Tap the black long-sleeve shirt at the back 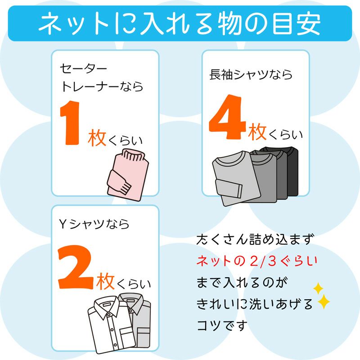pos(288,169)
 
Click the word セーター pos(84,68)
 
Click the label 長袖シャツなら pos(251,74)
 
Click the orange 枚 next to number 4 pos(258,133)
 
